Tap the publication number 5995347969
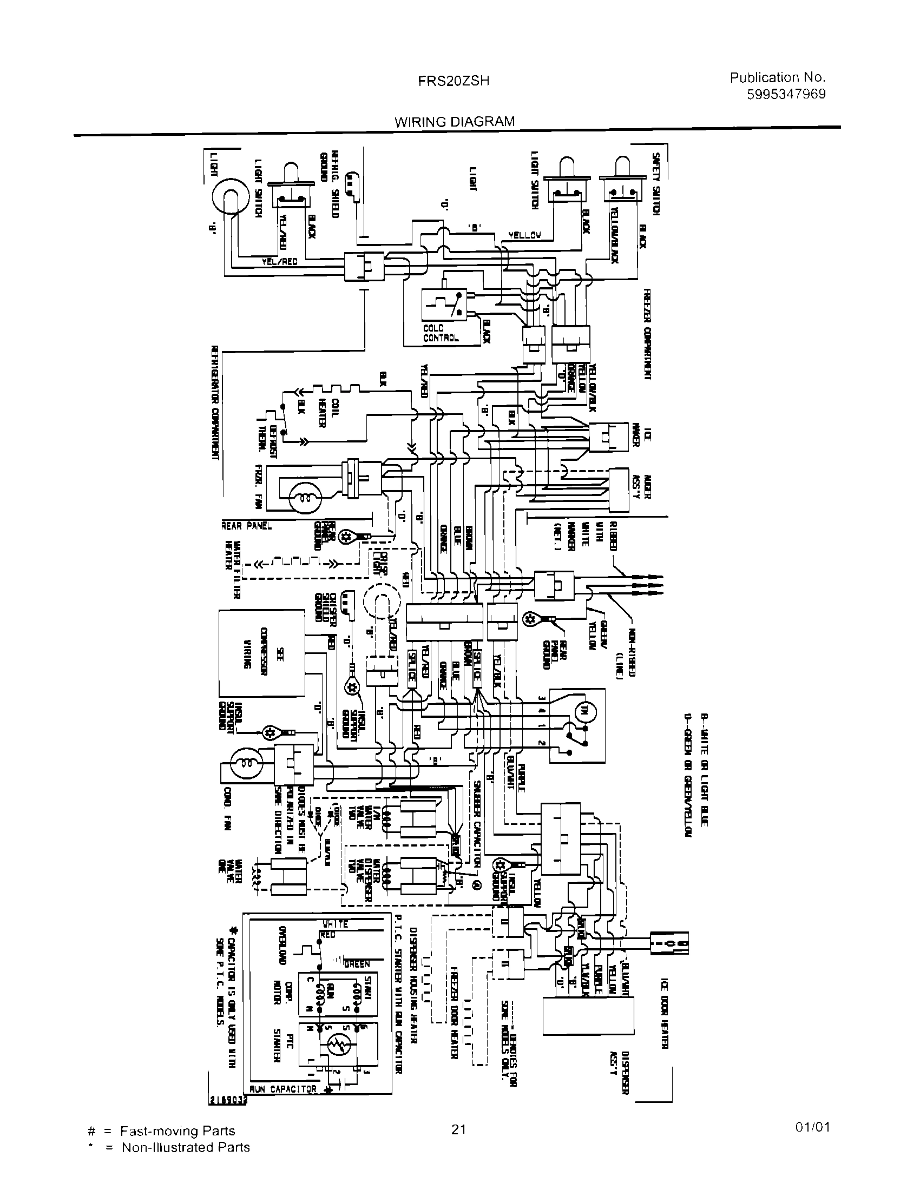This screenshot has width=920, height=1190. (785, 94)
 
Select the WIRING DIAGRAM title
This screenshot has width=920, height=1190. (454, 122)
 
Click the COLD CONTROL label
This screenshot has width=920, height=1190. (441, 333)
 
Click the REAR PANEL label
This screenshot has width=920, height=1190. (246, 526)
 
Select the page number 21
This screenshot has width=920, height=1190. (458, 1129)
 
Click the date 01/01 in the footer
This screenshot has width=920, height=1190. (813, 1127)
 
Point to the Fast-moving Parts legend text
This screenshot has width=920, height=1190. (178, 1131)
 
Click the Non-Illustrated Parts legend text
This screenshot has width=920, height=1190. (185, 1147)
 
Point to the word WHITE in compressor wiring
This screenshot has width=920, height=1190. (335, 924)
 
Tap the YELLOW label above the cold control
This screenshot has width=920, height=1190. (524, 235)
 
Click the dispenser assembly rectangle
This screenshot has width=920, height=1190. (589, 1016)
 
